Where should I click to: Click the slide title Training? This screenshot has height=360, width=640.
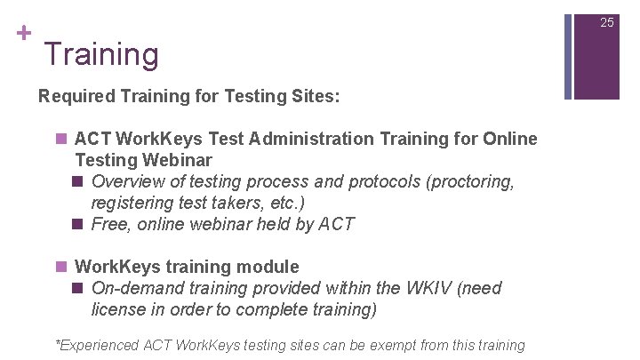tap(101, 55)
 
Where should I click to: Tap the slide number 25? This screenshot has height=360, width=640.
tap(607, 22)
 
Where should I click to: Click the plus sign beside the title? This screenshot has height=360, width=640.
tap(23, 34)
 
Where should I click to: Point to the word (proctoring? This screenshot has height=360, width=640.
tap(470, 181)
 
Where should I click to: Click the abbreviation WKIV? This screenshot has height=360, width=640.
tap(425, 288)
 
